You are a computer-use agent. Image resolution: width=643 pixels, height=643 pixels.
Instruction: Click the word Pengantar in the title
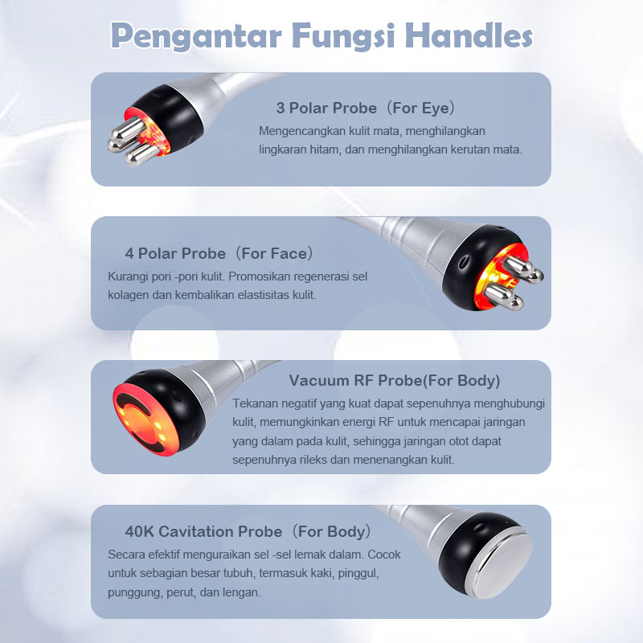pos(196,37)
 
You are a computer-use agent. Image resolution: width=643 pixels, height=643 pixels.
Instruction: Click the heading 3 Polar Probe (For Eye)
pos(366,108)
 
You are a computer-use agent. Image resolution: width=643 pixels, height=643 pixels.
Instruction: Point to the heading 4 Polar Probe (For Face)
pos(219,253)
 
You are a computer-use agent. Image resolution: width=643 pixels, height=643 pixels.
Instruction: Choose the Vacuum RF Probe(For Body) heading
pos(395,380)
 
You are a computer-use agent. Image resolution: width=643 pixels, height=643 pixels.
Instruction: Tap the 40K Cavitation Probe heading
pos(248,531)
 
